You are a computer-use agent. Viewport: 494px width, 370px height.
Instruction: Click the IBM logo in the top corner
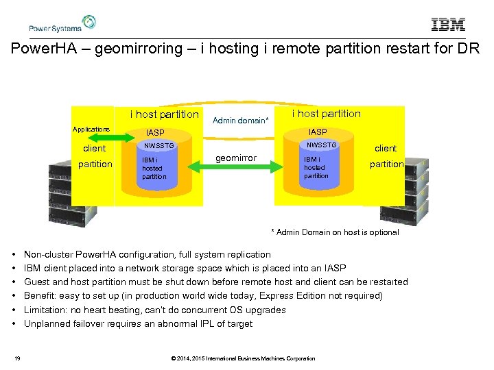coord(448,24)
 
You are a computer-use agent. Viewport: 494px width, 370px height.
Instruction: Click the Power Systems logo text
coord(55,28)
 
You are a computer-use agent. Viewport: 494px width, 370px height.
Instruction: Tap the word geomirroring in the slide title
coord(139,49)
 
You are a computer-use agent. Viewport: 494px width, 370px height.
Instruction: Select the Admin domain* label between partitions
coord(240,120)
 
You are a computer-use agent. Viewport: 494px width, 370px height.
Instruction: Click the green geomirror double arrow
coord(235,166)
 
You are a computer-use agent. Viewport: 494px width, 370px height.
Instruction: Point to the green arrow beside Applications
coord(111,138)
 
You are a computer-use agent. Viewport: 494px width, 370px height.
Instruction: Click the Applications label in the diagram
coord(91,129)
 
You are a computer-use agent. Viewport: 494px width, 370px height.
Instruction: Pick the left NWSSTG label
coord(159,146)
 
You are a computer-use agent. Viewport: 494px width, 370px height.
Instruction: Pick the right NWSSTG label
coord(321,145)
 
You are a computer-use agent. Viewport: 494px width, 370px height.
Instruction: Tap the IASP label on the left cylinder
coord(155,132)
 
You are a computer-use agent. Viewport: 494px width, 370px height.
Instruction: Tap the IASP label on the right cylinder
coord(318,132)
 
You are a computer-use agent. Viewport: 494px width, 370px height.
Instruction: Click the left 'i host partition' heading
coord(165,114)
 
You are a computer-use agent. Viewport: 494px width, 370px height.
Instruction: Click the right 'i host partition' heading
coord(326,114)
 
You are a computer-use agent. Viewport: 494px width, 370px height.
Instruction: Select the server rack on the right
coord(405,191)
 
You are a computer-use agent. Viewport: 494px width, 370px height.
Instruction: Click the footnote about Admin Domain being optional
coord(335,232)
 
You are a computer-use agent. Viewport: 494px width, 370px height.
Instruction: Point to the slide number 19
coord(17,358)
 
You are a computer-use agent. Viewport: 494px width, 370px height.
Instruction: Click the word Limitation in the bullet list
coord(45,310)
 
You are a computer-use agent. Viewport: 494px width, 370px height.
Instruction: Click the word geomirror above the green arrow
coord(236,158)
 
